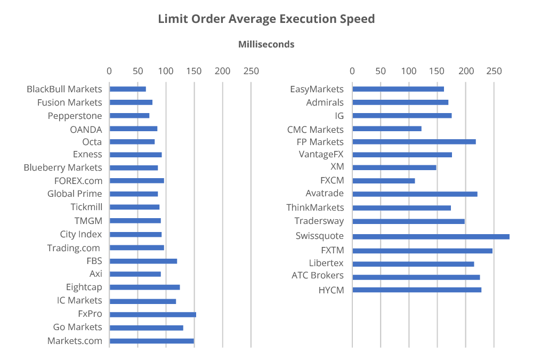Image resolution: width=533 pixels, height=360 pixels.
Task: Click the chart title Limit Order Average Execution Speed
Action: (x=266, y=19)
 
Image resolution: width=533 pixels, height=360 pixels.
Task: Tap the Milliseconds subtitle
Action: (x=266, y=44)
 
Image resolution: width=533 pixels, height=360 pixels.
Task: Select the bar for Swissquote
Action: (x=431, y=236)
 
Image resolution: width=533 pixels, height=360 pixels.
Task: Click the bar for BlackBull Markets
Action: (x=127, y=89)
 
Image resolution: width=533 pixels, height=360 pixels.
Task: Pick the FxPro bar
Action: (x=152, y=314)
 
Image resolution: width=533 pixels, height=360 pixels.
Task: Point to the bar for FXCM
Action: (x=383, y=181)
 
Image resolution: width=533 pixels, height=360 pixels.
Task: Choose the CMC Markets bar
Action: (x=386, y=129)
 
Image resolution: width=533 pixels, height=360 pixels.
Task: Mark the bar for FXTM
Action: (x=422, y=250)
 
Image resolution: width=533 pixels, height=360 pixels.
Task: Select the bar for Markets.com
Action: (x=151, y=341)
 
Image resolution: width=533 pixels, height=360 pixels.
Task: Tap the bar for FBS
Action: (x=143, y=261)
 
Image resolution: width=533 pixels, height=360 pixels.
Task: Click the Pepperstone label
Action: (x=75, y=116)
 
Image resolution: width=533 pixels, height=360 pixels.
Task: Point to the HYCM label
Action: (x=331, y=290)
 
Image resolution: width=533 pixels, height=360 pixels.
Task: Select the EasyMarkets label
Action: (x=317, y=89)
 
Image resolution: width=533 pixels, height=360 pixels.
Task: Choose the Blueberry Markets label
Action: (x=62, y=167)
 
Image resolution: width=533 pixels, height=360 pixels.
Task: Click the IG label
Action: (x=339, y=115)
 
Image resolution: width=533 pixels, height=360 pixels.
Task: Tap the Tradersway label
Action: (x=319, y=221)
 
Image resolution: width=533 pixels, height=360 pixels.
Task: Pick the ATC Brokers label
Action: (x=317, y=276)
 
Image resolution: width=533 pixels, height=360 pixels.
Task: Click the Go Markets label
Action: (x=77, y=327)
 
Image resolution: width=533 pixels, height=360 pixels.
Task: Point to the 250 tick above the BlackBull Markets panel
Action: (x=251, y=71)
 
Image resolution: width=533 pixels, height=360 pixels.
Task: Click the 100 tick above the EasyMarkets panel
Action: (x=409, y=71)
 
